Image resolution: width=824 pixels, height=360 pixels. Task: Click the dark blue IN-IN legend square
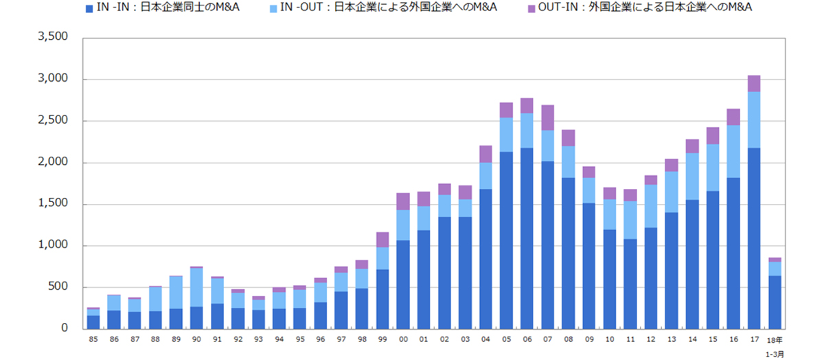pyautogui.click(x=89, y=9)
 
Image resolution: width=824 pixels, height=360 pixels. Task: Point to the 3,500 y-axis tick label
pyautogui.click(x=52, y=37)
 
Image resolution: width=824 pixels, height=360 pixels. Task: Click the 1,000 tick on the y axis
pyautogui.click(x=52, y=245)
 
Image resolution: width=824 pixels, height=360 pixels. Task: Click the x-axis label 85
pyautogui.click(x=93, y=339)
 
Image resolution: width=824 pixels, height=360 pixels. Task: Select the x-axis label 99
pyautogui.click(x=382, y=339)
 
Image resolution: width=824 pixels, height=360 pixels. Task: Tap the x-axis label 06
pyautogui.click(x=527, y=339)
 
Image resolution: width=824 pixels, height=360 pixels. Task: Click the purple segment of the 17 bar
pyautogui.click(x=753, y=83)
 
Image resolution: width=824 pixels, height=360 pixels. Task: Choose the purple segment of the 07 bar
pyautogui.click(x=547, y=117)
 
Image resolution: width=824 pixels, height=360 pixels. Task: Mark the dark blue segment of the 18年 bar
pyautogui.click(x=774, y=302)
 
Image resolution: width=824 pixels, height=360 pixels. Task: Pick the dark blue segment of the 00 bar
pyautogui.click(x=402, y=284)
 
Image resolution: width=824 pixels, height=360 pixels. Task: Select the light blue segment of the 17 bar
pyautogui.click(x=753, y=120)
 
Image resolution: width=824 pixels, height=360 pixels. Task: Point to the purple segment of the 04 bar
pyautogui.click(x=485, y=154)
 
